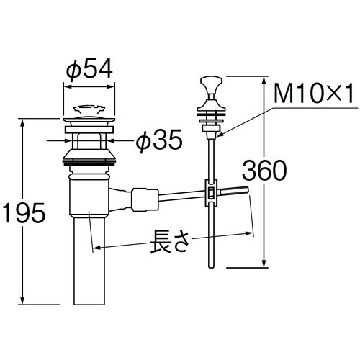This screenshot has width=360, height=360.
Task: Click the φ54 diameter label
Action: [89, 68]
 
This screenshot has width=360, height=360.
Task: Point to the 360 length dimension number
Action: [264, 171]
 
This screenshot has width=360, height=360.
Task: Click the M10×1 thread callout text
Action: [314, 94]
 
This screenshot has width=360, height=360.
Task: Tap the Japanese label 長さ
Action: [170, 241]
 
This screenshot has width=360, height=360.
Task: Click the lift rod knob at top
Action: [211, 84]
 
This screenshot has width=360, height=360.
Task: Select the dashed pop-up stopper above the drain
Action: [89, 109]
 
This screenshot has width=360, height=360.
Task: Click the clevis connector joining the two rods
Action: [211, 192]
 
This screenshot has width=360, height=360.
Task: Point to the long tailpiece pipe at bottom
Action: [89, 261]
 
